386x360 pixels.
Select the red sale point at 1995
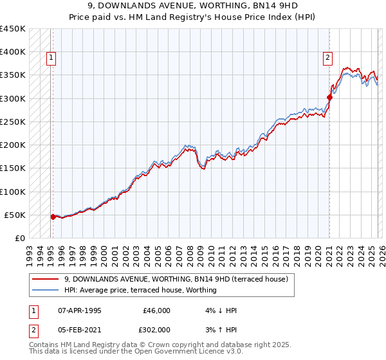coord(53,217)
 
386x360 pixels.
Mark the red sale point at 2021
coord(329,97)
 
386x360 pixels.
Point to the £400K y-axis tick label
coord(13,52)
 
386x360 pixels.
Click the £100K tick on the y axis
coord(13,192)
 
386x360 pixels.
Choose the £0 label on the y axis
coord(21,239)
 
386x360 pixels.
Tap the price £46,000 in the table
coord(156,310)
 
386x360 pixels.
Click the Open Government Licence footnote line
coord(136,352)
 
